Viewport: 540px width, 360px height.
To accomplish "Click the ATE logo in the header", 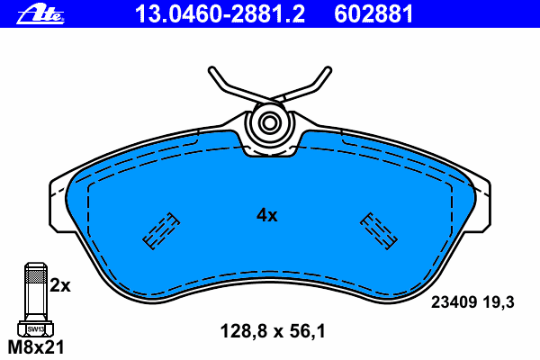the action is [x=40, y=14].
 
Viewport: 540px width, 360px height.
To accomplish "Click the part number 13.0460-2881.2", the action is [x=220, y=13].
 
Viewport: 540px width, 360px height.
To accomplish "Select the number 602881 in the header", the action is [x=373, y=13].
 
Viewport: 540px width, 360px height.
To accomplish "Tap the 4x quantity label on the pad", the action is [x=267, y=215].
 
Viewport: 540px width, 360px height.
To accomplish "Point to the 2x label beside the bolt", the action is [x=60, y=285].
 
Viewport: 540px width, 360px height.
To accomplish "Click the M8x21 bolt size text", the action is [x=36, y=347].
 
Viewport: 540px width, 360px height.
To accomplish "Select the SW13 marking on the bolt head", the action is [x=36, y=329].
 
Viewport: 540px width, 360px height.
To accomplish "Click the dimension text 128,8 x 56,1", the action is [x=273, y=331].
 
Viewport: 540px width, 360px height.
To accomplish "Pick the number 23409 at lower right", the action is [x=454, y=302].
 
